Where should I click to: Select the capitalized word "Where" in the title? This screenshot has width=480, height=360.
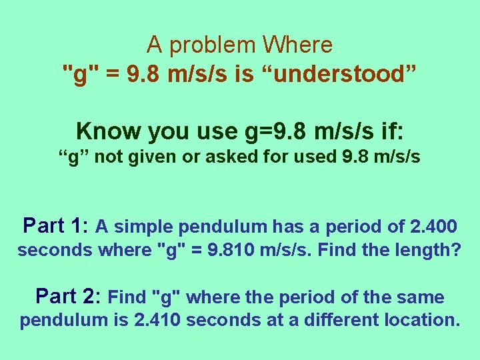(x=297, y=45)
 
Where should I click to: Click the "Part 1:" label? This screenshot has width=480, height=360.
(x=56, y=226)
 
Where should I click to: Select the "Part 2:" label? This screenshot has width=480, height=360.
(x=68, y=295)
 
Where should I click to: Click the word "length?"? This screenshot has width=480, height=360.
(x=425, y=251)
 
